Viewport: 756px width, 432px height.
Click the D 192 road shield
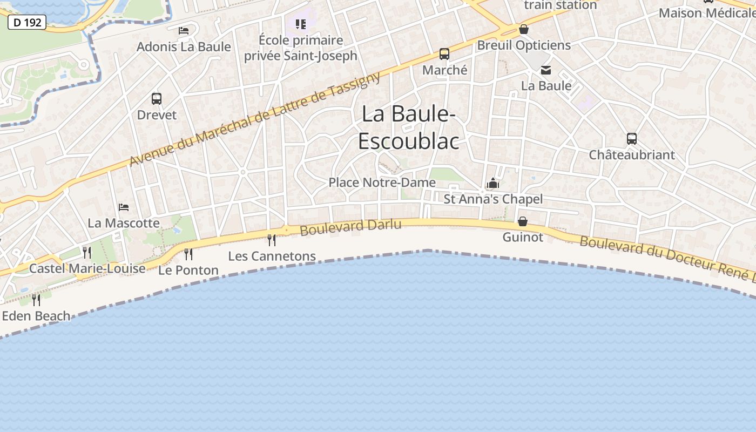[x=26, y=22]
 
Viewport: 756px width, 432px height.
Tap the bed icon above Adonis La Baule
[x=184, y=30]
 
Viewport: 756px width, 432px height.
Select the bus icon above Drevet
[x=157, y=99]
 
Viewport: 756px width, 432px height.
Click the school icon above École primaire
[x=301, y=24]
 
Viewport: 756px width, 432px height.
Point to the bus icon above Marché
[x=444, y=54]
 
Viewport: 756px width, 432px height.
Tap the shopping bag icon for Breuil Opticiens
[x=523, y=29]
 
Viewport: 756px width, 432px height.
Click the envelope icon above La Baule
[x=546, y=70]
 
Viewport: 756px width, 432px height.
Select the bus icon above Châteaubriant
[x=632, y=139]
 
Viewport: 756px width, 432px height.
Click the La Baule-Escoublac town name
[x=409, y=127]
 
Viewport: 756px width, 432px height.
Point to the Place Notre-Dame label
[x=382, y=183]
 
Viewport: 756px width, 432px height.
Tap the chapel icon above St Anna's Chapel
[x=492, y=184]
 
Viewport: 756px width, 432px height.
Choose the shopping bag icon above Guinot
[x=523, y=221]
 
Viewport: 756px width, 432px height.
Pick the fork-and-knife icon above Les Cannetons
[x=272, y=240]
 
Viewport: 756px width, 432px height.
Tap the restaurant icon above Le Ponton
[x=188, y=254]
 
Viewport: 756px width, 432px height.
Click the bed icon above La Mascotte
[x=124, y=207]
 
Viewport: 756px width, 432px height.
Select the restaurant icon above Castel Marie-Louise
[x=87, y=252]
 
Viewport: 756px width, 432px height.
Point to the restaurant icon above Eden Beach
[x=36, y=300]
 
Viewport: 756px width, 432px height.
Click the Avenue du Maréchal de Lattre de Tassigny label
[x=255, y=119]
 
